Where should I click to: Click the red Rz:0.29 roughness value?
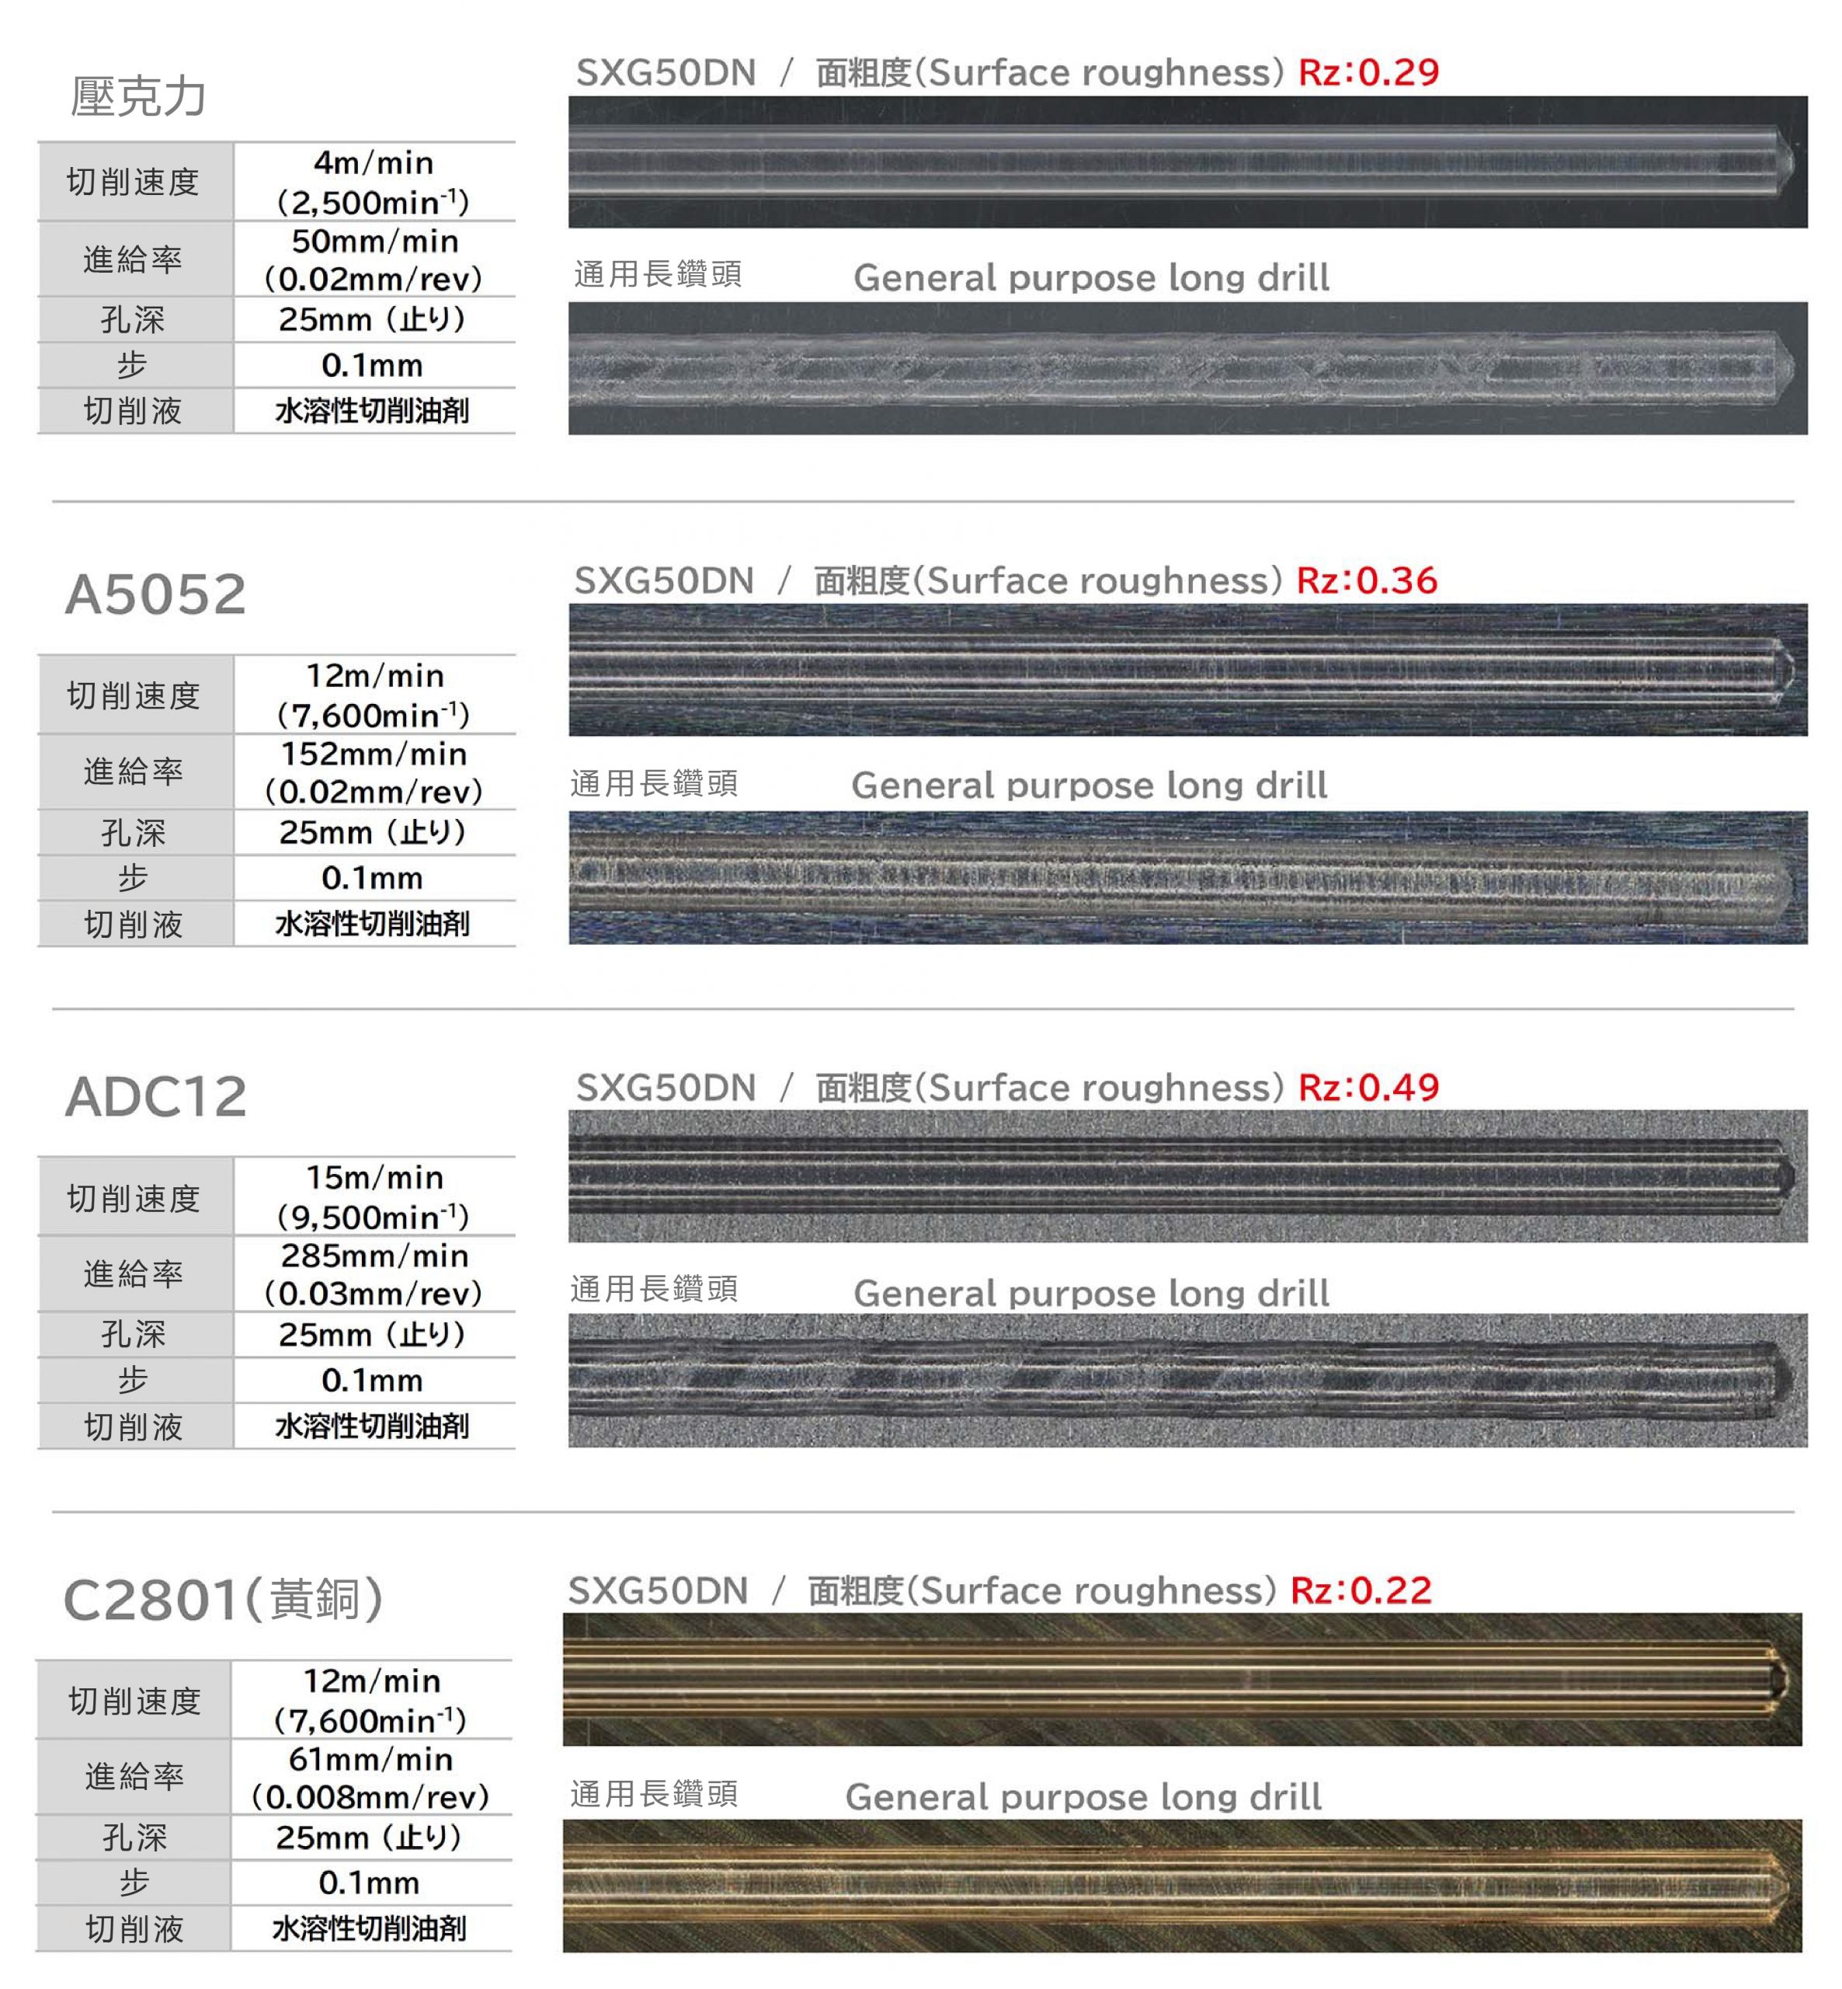tap(1368, 73)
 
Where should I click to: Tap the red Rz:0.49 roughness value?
tap(1368, 1087)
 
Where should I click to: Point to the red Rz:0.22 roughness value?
tap(1360, 1590)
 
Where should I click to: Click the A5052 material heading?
tap(155, 595)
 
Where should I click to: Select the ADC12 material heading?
tap(155, 1098)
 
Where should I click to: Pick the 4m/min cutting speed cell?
tap(374, 183)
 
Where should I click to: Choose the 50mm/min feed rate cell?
tap(374, 260)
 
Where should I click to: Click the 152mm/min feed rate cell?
tap(374, 772)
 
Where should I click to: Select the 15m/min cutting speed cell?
tap(374, 1197)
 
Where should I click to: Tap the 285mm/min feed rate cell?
tap(374, 1274)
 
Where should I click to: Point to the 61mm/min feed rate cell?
tap(370, 1778)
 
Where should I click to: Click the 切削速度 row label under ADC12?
tap(134, 1198)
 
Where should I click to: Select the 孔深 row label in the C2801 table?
tap(134, 1837)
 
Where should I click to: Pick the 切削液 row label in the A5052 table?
tap(134, 925)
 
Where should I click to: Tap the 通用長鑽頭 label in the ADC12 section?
tap(655, 1290)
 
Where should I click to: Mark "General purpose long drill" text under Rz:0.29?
tap(1091, 278)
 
